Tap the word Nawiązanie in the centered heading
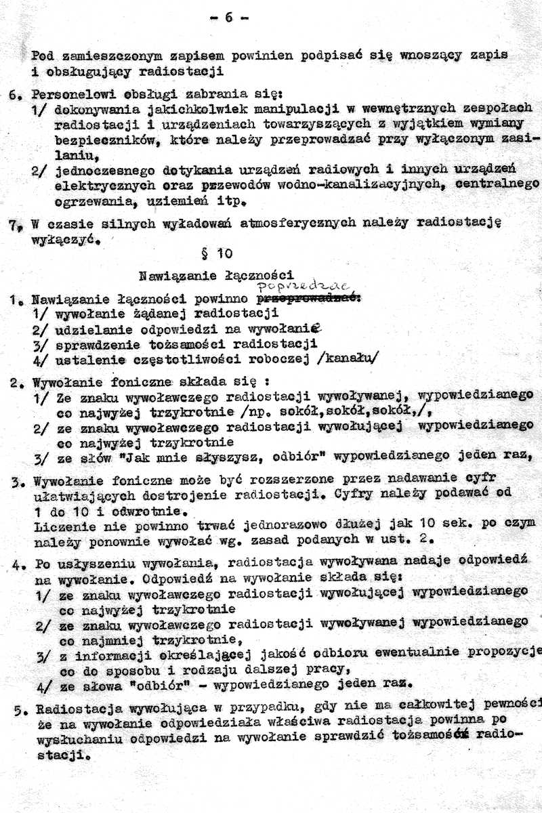click(170, 276)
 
